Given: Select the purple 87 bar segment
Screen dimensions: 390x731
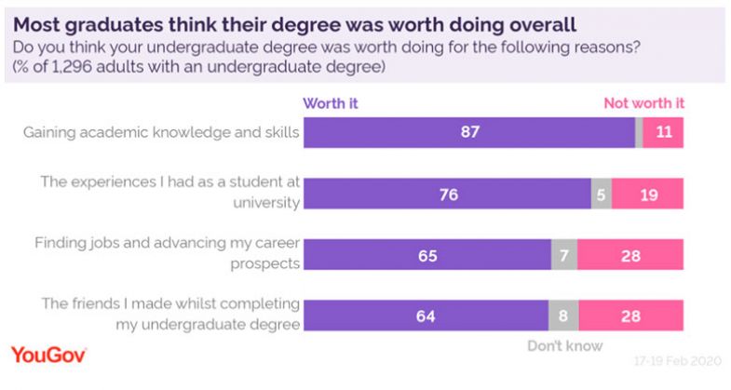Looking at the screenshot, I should [468, 133].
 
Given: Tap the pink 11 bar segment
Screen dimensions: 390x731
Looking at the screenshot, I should [663, 133].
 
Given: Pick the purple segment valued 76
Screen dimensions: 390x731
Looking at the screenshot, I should [447, 195].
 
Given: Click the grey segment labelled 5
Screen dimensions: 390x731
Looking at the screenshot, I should [602, 195].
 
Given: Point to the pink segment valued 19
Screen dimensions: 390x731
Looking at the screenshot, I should [648, 195].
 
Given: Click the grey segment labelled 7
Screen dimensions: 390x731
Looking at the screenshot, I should [564, 255].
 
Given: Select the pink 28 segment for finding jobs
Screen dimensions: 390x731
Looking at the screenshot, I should [630, 255].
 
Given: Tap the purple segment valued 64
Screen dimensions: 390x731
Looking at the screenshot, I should [424, 316].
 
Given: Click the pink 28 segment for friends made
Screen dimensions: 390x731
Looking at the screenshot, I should [630, 316].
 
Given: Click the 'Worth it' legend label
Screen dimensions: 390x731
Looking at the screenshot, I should [331, 103].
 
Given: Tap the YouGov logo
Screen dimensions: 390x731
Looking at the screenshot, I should [48, 355].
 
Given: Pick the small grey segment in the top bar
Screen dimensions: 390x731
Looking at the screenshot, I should [638, 133].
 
